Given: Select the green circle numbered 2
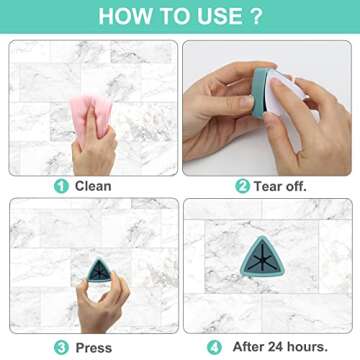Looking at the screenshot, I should point(241,185).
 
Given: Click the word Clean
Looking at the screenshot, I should point(93,185).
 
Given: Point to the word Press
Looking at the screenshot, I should point(93,347).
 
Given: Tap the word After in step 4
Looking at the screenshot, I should point(248,347).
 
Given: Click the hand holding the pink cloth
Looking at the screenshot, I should point(95,145).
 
